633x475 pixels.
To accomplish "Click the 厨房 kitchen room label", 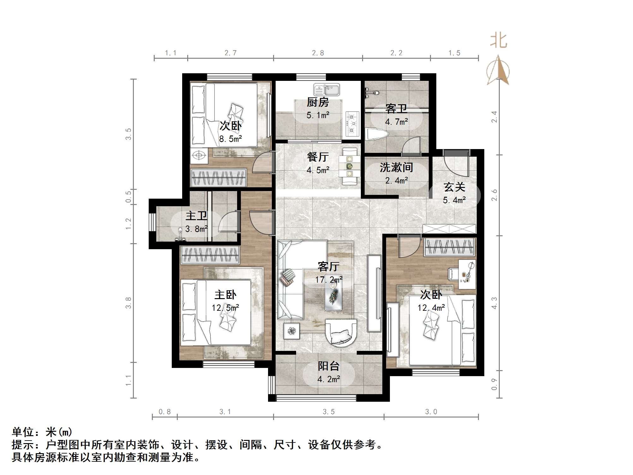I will coord(318,102).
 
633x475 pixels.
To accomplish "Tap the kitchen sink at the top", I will coord(326,90).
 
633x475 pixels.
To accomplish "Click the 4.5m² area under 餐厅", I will coord(318,170).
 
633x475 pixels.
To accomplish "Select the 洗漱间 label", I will coord(396,167).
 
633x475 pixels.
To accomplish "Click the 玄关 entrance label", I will coord(454,187).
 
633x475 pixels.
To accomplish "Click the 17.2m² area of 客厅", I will coord(328,280).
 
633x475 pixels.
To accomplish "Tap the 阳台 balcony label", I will coord(328,366).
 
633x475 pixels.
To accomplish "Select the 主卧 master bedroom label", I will coord(225,295).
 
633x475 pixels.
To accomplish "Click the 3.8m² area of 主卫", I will coord(196,229).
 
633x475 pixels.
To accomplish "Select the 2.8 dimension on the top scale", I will coord(318,53).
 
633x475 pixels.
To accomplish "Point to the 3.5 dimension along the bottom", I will coord(328,412).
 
